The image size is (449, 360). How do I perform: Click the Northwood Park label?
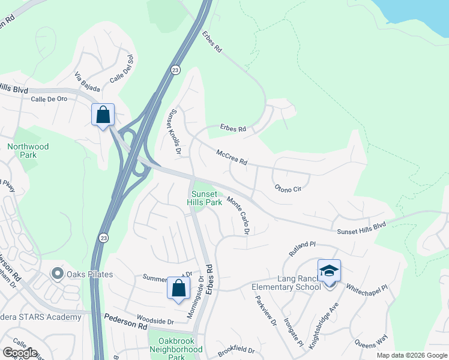click(28, 151)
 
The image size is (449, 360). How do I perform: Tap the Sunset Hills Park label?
click(206, 198)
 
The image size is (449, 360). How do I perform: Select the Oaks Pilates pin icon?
click(58, 274)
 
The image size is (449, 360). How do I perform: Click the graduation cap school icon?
click(329, 271)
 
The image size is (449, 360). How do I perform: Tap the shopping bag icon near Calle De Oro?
click(103, 114)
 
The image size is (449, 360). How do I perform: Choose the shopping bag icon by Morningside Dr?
click(178, 288)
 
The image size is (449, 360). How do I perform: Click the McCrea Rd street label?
click(232, 158)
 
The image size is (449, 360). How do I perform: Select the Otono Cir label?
click(288, 188)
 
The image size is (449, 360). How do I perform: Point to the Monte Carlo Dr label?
click(238, 215)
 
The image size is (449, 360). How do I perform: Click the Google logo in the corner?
click(20, 353)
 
